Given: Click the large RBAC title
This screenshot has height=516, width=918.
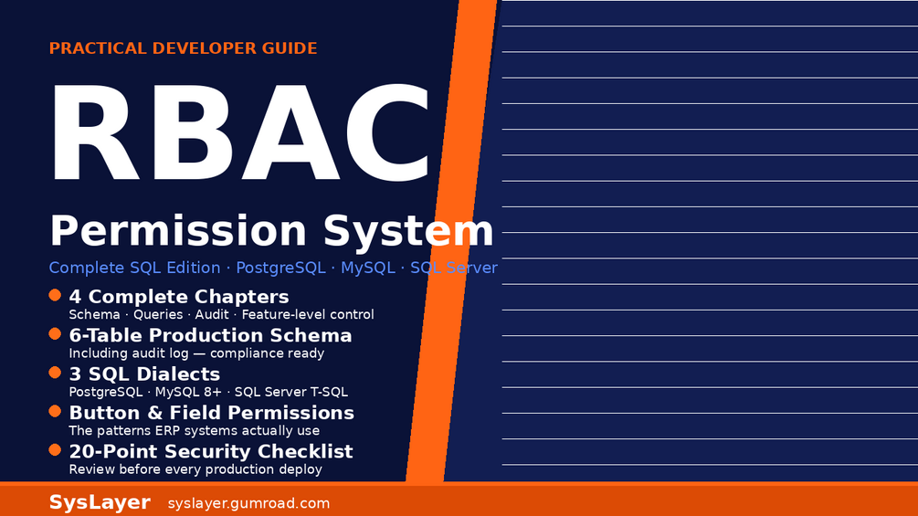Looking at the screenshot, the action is (x=240, y=132).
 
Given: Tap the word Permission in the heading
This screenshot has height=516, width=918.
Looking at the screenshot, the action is (x=178, y=231).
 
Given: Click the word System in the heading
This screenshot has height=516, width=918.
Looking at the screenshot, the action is (x=408, y=231).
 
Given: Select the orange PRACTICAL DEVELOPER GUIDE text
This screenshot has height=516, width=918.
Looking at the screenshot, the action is (x=184, y=48).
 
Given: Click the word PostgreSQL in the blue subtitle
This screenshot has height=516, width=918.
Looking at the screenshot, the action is (x=280, y=268).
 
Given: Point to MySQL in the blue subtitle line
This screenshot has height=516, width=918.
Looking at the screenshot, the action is (x=368, y=268).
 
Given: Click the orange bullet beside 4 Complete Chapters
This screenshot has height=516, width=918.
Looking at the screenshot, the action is (x=55, y=295).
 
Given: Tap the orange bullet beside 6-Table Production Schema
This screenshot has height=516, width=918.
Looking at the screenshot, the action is (x=55, y=334).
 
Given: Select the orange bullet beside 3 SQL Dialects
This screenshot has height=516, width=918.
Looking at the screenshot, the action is (x=55, y=373).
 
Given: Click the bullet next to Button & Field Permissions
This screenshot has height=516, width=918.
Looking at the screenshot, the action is (x=55, y=411).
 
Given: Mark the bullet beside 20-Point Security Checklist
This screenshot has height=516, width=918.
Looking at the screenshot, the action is (x=55, y=450).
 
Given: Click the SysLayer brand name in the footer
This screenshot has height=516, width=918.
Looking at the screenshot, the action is (x=100, y=502).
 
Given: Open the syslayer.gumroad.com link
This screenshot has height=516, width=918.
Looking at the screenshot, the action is (x=248, y=504).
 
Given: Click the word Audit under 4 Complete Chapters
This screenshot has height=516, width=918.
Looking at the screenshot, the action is (x=212, y=315).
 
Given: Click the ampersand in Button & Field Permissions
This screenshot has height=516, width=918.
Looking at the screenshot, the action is (x=155, y=413).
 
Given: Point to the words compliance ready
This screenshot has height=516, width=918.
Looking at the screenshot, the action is (x=267, y=353).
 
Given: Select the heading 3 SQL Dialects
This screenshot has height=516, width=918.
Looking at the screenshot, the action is (x=144, y=374).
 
